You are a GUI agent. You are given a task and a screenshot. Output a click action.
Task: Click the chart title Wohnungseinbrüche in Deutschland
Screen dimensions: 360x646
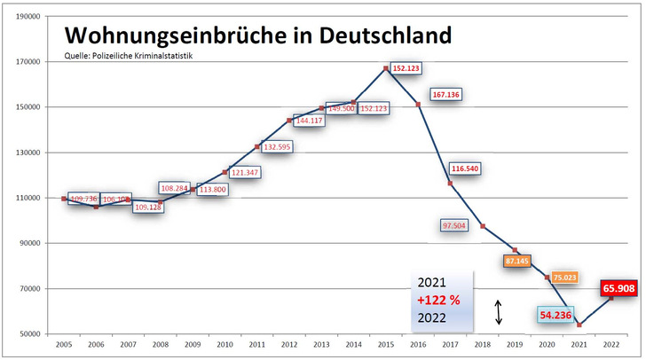pyautogui.click(x=257, y=35)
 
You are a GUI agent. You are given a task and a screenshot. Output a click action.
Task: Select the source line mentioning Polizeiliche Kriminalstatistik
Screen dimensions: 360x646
pyautogui.click(x=129, y=56)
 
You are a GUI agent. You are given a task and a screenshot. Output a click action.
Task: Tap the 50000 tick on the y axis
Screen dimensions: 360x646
pyautogui.click(x=33, y=334)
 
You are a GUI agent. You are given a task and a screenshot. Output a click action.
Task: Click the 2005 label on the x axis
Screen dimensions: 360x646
pyautogui.click(x=64, y=344)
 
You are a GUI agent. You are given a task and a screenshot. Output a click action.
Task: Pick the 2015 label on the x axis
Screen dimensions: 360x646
pyautogui.click(x=386, y=344)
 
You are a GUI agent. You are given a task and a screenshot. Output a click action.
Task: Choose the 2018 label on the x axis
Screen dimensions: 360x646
pyautogui.click(x=483, y=344)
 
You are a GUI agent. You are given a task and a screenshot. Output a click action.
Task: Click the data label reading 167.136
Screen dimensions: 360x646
pyautogui.click(x=446, y=95)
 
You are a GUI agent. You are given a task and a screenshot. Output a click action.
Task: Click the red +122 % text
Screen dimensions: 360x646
pyautogui.click(x=440, y=300)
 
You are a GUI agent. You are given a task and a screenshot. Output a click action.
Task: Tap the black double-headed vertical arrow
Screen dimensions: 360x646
pyautogui.click(x=499, y=311)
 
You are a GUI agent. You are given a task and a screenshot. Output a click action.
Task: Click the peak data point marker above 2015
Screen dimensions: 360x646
pyautogui.click(x=386, y=67)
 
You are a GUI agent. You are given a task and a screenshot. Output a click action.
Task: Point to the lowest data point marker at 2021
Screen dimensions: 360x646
pyautogui.click(x=579, y=325)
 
